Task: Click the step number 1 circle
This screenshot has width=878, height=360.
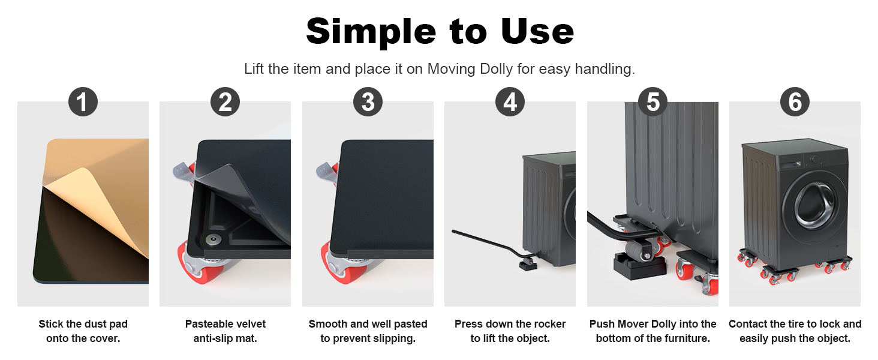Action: pyautogui.click(x=83, y=102)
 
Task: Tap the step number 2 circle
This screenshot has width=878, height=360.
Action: pyautogui.click(x=225, y=102)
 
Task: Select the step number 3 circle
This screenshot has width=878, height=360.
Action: pyautogui.click(x=368, y=102)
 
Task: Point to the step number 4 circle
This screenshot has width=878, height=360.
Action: pyautogui.click(x=510, y=102)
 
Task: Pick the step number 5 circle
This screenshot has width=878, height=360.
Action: pyautogui.click(x=653, y=102)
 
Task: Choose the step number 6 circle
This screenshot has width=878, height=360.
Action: pyautogui.click(x=795, y=102)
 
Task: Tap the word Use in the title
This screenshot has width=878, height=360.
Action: pyautogui.click(x=537, y=31)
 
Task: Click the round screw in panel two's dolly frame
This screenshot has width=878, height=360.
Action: pyautogui.click(x=213, y=239)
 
